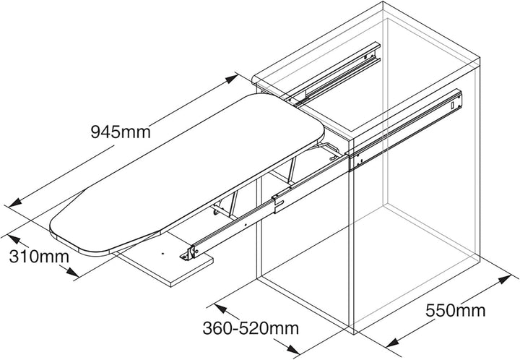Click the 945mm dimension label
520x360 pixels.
(x=121, y=132)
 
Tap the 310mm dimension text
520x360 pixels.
(x=39, y=257)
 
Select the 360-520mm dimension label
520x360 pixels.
(x=251, y=328)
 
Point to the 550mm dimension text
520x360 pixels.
(x=455, y=311)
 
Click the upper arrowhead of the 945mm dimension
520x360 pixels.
(x=231, y=79)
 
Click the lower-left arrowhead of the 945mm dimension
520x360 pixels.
(x=15, y=202)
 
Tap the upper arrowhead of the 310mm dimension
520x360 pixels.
(x=14, y=239)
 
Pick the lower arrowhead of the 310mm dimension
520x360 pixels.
(x=72, y=272)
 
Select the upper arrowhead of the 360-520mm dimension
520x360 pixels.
(x=220, y=309)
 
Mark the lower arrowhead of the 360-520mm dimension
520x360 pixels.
(x=292, y=349)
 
